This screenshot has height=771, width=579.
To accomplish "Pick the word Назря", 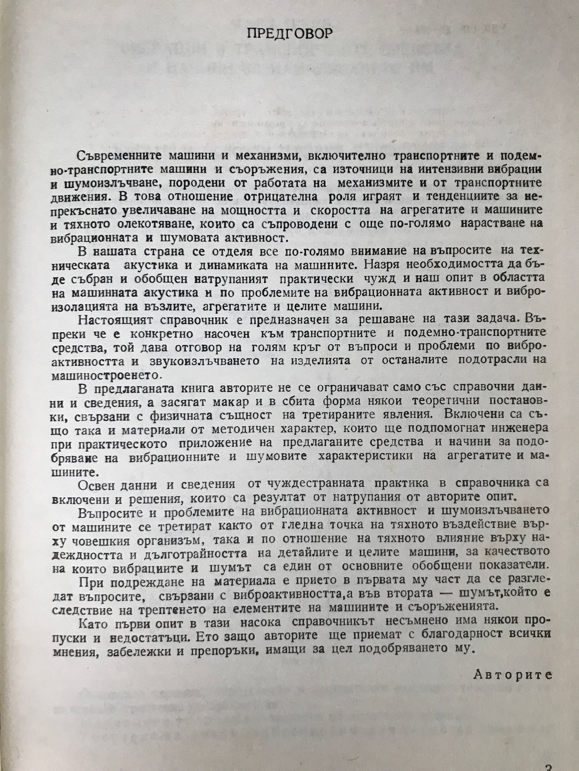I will pyautogui.click(x=394, y=265).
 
